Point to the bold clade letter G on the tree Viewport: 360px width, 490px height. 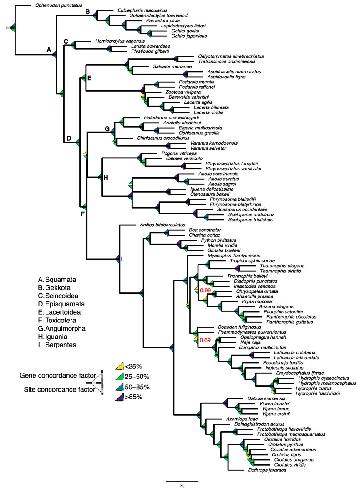[x=107, y=129]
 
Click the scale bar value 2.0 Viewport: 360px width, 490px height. [x=182, y=486]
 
